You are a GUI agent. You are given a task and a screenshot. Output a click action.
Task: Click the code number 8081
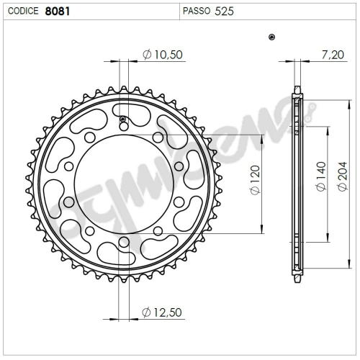(58, 12)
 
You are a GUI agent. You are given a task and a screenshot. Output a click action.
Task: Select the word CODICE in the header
(23, 11)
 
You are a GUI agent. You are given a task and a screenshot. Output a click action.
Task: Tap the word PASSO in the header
(197, 11)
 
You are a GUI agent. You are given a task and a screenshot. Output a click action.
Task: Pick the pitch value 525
(224, 12)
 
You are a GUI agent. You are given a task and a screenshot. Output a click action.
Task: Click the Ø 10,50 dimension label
(163, 55)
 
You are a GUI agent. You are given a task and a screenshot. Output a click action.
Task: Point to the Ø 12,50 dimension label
(162, 312)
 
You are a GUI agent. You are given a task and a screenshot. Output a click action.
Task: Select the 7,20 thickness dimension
(333, 55)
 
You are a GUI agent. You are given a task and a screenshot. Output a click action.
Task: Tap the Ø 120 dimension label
(255, 180)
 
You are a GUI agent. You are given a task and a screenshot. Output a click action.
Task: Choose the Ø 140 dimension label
(321, 176)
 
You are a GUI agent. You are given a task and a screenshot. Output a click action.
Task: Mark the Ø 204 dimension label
(342, 176)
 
